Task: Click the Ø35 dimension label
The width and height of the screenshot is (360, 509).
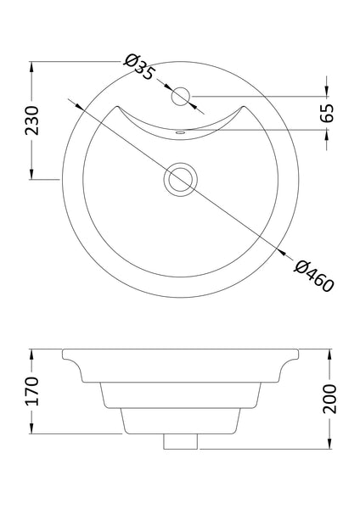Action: [138, 67]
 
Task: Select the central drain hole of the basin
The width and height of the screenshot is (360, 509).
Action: [180, 179]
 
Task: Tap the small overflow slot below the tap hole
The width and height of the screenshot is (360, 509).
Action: [180, 133]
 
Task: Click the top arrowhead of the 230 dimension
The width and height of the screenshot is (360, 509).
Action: [31, 64]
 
